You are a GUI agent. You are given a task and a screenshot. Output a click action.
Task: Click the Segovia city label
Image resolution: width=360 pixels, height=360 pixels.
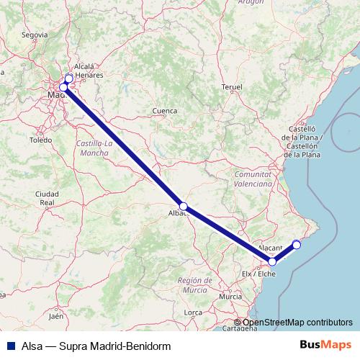(x=35, y=34)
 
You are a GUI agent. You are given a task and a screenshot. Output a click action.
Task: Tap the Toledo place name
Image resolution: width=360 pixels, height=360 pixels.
(x=41, y=140)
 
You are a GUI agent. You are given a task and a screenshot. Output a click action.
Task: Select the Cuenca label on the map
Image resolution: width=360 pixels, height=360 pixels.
(x=165, y=111)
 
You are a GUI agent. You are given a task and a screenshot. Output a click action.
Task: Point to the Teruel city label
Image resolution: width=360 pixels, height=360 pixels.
(x=231, y=86)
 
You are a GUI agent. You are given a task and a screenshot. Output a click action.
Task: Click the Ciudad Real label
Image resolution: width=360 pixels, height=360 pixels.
(x=48, y=199)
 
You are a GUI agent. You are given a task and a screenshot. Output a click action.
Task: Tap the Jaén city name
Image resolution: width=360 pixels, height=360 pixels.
(x=56, y=315)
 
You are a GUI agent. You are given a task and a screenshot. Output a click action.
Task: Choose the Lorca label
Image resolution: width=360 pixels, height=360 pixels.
(x=193, y=312)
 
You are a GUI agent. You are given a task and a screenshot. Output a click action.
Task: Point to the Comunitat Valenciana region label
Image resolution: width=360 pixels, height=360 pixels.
(x=253, y=179)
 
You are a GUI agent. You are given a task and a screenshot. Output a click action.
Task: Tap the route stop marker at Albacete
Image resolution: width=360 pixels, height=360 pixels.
(x=184, y=207)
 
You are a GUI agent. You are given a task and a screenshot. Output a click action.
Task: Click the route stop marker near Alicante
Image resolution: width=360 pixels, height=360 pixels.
(x=272, y=261)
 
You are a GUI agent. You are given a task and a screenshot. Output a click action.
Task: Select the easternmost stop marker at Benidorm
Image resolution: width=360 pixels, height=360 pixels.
(x=296, y=245)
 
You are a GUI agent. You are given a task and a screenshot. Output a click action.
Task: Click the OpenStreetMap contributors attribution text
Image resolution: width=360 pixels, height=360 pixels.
(x=297, y=323)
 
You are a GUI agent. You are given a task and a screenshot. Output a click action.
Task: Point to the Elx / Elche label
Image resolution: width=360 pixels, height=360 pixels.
(x=259, y=274)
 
